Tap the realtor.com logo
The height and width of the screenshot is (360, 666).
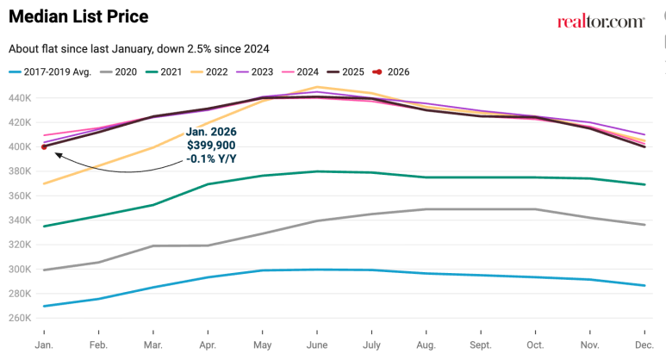(x=601, y=21)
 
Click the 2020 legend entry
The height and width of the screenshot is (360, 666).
(x=120, y=71)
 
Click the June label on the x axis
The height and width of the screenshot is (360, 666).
(x=317, y=344)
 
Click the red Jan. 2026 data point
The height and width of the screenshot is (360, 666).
(x=44, y=146)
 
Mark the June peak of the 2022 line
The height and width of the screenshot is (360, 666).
(x=318, y=87)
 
